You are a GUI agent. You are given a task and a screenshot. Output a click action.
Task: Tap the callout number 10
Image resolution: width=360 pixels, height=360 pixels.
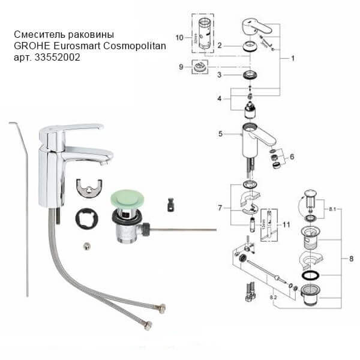[179, 37]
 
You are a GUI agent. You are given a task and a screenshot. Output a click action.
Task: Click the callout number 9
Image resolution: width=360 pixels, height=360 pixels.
[181, 67]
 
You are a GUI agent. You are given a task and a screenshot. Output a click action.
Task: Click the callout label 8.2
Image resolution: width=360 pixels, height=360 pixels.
[273, 296]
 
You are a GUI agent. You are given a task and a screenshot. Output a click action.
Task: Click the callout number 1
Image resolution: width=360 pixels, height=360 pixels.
[292, 59]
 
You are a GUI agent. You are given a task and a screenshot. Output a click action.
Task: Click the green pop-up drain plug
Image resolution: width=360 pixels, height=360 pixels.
[126, 199]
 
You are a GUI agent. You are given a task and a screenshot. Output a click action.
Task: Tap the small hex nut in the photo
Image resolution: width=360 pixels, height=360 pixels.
[88, 245]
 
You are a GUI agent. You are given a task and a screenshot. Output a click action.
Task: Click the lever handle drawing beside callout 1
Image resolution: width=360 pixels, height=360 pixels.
[255, 27]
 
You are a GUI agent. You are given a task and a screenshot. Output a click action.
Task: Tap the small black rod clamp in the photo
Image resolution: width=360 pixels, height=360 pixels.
[172, 205]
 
